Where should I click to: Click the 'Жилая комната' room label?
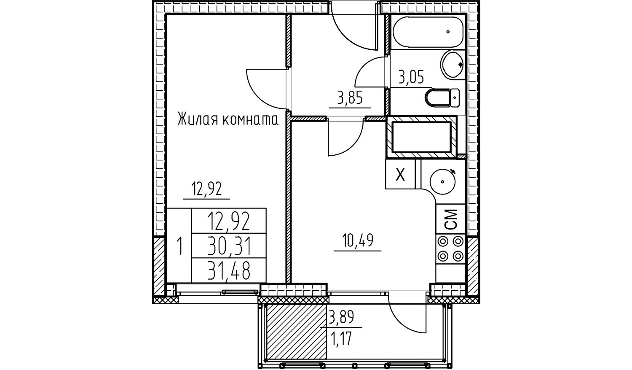(228, 120)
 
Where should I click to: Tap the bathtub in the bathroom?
(427, 31)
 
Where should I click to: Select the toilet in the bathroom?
(442, 98)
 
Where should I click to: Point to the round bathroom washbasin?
(453, 65)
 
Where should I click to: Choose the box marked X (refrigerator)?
(400, 174)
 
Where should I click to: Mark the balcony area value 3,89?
(341, 316)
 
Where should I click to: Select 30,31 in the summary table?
(229, 247)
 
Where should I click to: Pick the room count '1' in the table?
(180, 246)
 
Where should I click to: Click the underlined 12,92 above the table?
(207, 189)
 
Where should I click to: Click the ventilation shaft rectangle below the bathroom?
(421, 137)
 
